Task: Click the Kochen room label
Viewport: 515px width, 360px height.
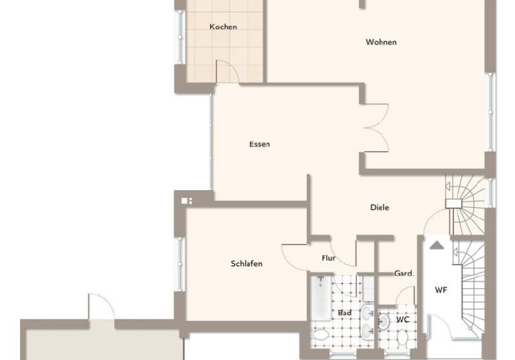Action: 222,27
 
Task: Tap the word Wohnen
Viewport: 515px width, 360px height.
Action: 381,43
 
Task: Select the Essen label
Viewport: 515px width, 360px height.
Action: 259,144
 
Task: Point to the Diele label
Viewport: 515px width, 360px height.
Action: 379,208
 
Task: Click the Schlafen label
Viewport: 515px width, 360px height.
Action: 246,263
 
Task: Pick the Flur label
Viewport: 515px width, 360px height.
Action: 329,258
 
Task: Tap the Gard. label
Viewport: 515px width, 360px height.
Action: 404,274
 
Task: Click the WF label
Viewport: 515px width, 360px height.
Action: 440,290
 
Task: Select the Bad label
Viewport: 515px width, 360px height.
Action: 344,313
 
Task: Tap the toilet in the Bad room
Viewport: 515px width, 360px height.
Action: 322,335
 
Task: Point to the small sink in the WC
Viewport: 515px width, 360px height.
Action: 383,320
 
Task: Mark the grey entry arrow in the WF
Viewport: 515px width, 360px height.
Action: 437,245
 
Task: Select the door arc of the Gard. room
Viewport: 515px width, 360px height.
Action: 405,295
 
